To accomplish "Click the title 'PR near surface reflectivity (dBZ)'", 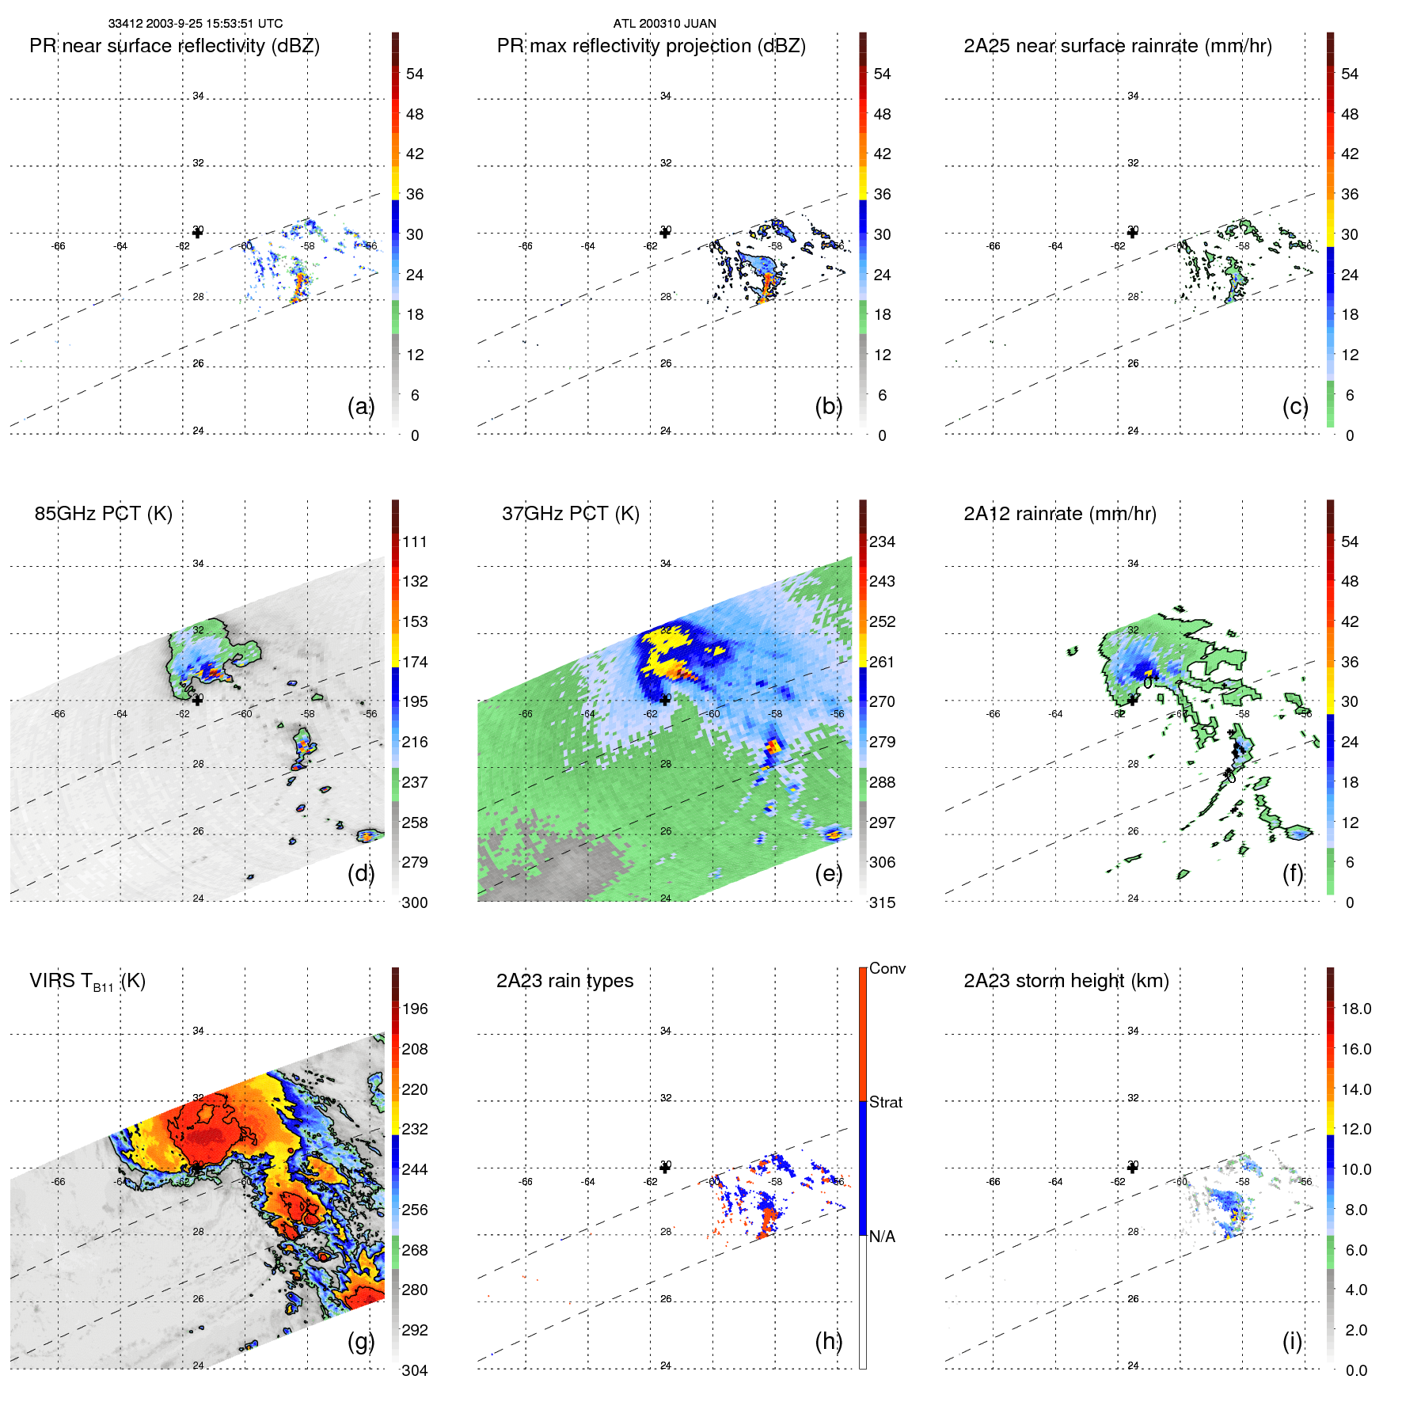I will coord(174,46).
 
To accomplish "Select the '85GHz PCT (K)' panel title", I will coord(103,514).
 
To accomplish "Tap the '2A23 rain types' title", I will coord(564,981).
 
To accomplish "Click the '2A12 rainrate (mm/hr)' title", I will coord(1059,514).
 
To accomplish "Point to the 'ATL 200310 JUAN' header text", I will coord(664,24).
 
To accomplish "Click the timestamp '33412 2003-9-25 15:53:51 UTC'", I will coord(196,24).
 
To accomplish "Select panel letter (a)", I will coord(360,407).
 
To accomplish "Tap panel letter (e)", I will coord(828,874).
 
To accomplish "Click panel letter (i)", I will coord(1292,1341).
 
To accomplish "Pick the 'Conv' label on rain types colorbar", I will coord(887,968).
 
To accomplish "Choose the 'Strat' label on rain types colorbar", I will coord(885,1102).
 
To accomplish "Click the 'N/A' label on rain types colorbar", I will coord(882,1237).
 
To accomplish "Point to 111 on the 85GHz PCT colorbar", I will coord(415,541).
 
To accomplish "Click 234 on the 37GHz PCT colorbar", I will coord(882,541).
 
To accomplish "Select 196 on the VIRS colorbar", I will coord(415,1009).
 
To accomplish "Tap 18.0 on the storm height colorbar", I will coord(1355,1009).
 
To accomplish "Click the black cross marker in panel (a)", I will coord(197,233).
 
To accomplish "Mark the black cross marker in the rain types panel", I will coord(665,1168).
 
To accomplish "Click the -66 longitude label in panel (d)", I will coord(58,714).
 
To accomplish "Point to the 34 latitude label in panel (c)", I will coord(1133,96).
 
